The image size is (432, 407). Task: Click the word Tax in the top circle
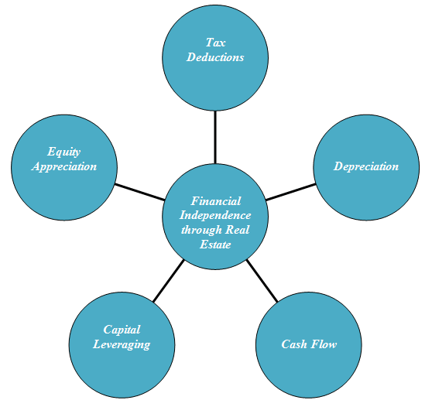click(215, 43)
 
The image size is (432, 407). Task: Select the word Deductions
click(215, 57)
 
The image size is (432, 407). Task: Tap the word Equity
click(64, 152)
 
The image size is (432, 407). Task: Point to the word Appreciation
click(64, 167)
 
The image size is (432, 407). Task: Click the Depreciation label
click(366, 167)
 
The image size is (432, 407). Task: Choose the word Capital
click(122, 330)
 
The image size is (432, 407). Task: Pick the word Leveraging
click(122, 345)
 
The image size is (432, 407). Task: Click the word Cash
click(294, 344)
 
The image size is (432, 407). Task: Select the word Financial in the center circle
click(216, 201)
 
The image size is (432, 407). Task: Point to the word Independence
click(215, 216)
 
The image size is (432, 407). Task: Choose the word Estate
click(215, 245)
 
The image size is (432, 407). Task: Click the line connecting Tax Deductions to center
click(215, 137)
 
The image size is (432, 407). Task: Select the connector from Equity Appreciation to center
click(140, 192)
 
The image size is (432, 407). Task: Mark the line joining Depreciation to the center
click(290, 192)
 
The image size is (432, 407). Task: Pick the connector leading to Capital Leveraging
click(168, 281)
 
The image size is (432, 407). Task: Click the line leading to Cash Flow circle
click(262, 281)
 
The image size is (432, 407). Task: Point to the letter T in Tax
click(210, 43)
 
